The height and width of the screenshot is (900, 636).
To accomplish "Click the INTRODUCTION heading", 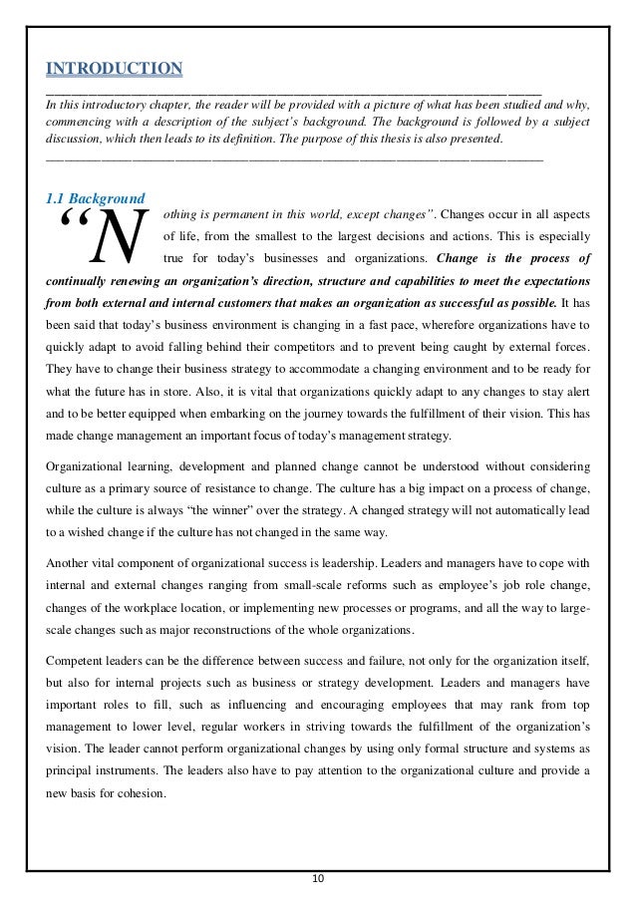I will pos(115,69).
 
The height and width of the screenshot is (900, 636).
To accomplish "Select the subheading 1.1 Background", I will pos(97,197).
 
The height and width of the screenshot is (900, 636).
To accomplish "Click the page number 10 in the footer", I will pos(318,878).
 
